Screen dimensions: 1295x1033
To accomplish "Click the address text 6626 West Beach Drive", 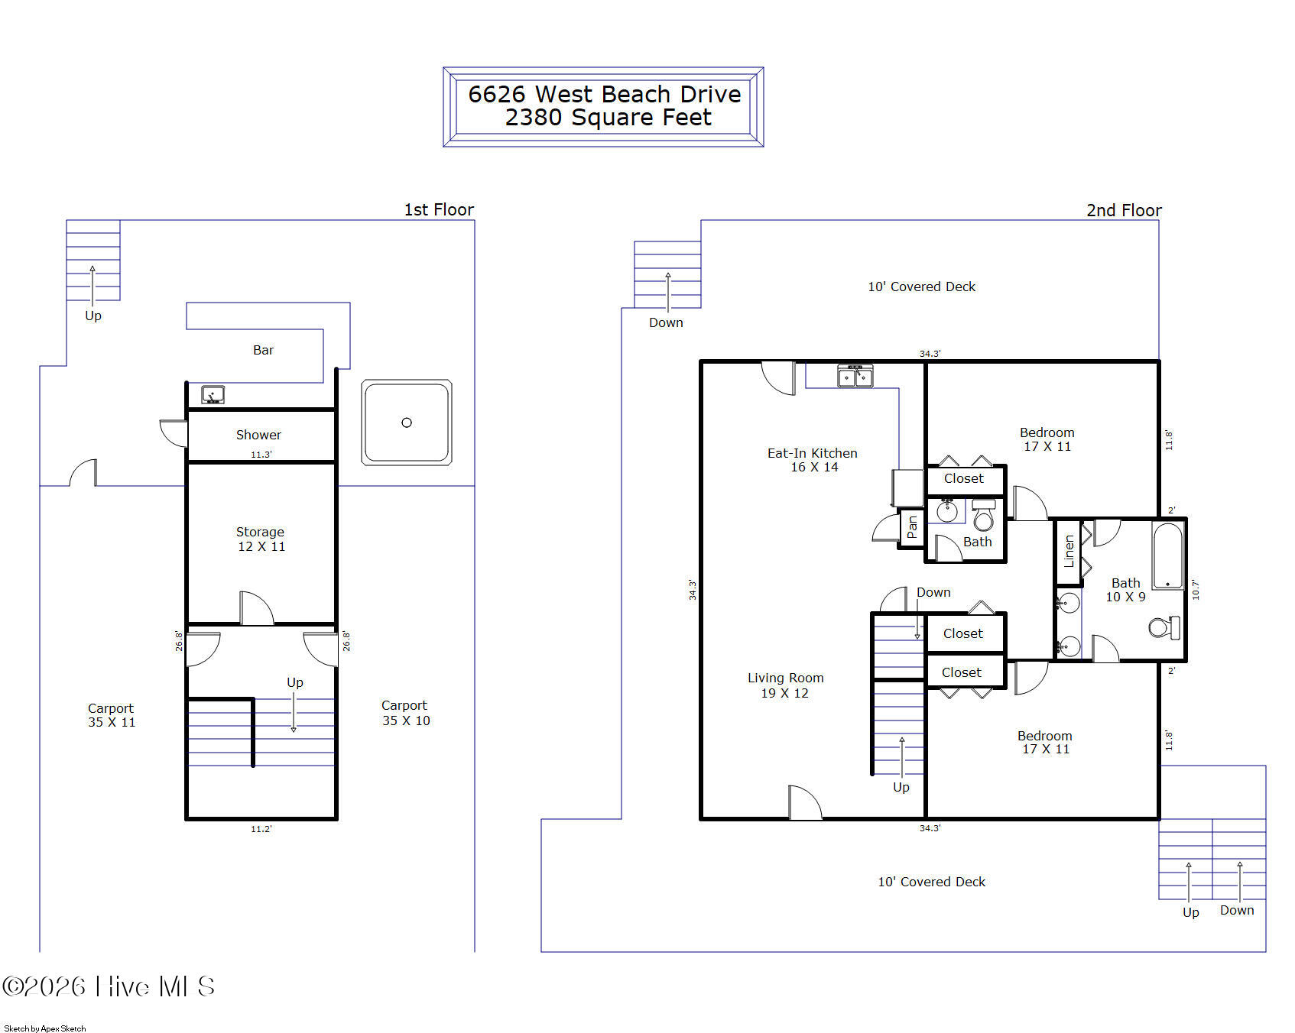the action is pyautogui.click(x=604, y=94).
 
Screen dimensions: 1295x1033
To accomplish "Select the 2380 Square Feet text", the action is pyautogui.click(x=609, y=117).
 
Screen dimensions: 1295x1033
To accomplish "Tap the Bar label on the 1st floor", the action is pyautogui.click(x=263, y=350).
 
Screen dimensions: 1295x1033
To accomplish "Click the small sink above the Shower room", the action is pyautogui.click(x=213, y=395).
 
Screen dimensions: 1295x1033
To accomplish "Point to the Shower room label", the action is pyautogui.click(x=258, y=435).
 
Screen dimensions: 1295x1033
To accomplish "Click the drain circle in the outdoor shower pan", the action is pyautogui.click(x=407, y=423).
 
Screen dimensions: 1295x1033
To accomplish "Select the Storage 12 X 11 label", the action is pyautogui.click(x=261, y=539).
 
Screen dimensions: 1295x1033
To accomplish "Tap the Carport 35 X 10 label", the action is pyautogui.click(x=406, y=713).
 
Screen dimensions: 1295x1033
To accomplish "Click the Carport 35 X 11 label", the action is pyautogui.click(x=112, y=715).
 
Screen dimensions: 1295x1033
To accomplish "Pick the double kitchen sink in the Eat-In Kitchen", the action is pyautogui.click(x=855, y=376).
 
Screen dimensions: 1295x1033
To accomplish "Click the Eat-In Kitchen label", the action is pyautogui.click(x=813, y=460).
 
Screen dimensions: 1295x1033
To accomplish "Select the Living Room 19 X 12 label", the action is pyautogui.click(x=785, y=685).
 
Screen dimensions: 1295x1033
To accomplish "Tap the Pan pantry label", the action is pyautogui.click(x=911, y=527).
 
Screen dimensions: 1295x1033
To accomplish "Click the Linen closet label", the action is pyautogui.click(x=1069, y=551).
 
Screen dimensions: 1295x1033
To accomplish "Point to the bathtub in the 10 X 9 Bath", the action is pyautogui.click(x=1167, y=556).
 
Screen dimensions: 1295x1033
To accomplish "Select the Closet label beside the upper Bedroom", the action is pyautogui.click(x=964, y=478).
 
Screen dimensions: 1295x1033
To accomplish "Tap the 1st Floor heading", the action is pyautogui.click(x=439, y=209).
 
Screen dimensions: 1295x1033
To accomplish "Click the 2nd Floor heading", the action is pyautogui.click(x=1124, y=210).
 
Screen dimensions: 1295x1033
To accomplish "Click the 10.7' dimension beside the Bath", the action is pyautogui.click(x=1196, y=589).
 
